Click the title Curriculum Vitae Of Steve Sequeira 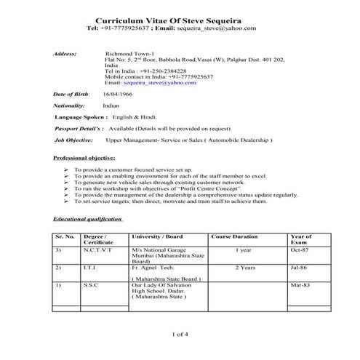[x=180, y=17]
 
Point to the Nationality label [x=70, y=105]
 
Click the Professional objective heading [x=84, y=158]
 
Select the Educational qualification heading [x=89, y=218]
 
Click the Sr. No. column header [x=65, y=237]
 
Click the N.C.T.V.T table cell [x=98, y=249]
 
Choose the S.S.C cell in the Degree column [x=92, y=286]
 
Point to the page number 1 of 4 [x=180, y=334]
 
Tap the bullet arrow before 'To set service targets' [x=66, y=201]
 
